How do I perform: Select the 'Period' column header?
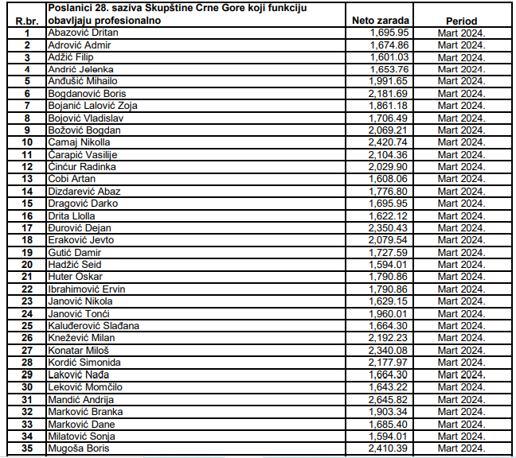coord(462,21)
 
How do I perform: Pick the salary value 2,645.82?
coord(389,399)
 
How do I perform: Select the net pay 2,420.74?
coord(389,142)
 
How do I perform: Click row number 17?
coord(28,228)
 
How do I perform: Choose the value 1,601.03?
coord(389,57)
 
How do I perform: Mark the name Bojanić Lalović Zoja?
coord(93,106)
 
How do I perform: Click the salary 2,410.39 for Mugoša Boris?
coord(389,448)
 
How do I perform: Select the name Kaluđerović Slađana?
coord(94,326)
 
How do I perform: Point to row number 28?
coord(28,363)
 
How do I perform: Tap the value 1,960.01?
coord(389,314)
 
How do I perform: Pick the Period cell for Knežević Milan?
coord(461,338)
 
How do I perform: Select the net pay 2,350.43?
coord(389,228)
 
